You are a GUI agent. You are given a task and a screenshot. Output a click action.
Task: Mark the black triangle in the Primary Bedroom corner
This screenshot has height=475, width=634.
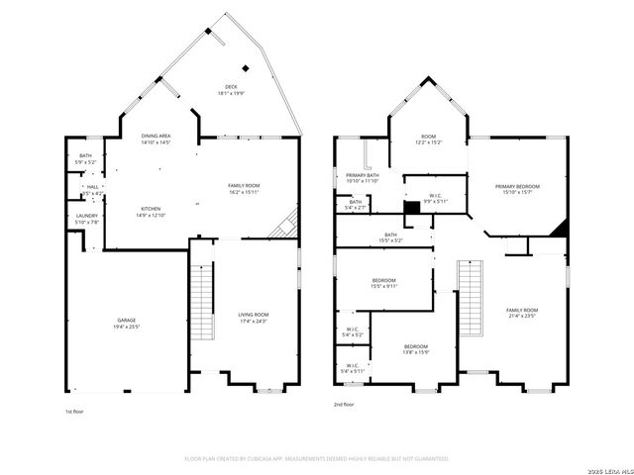561,229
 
